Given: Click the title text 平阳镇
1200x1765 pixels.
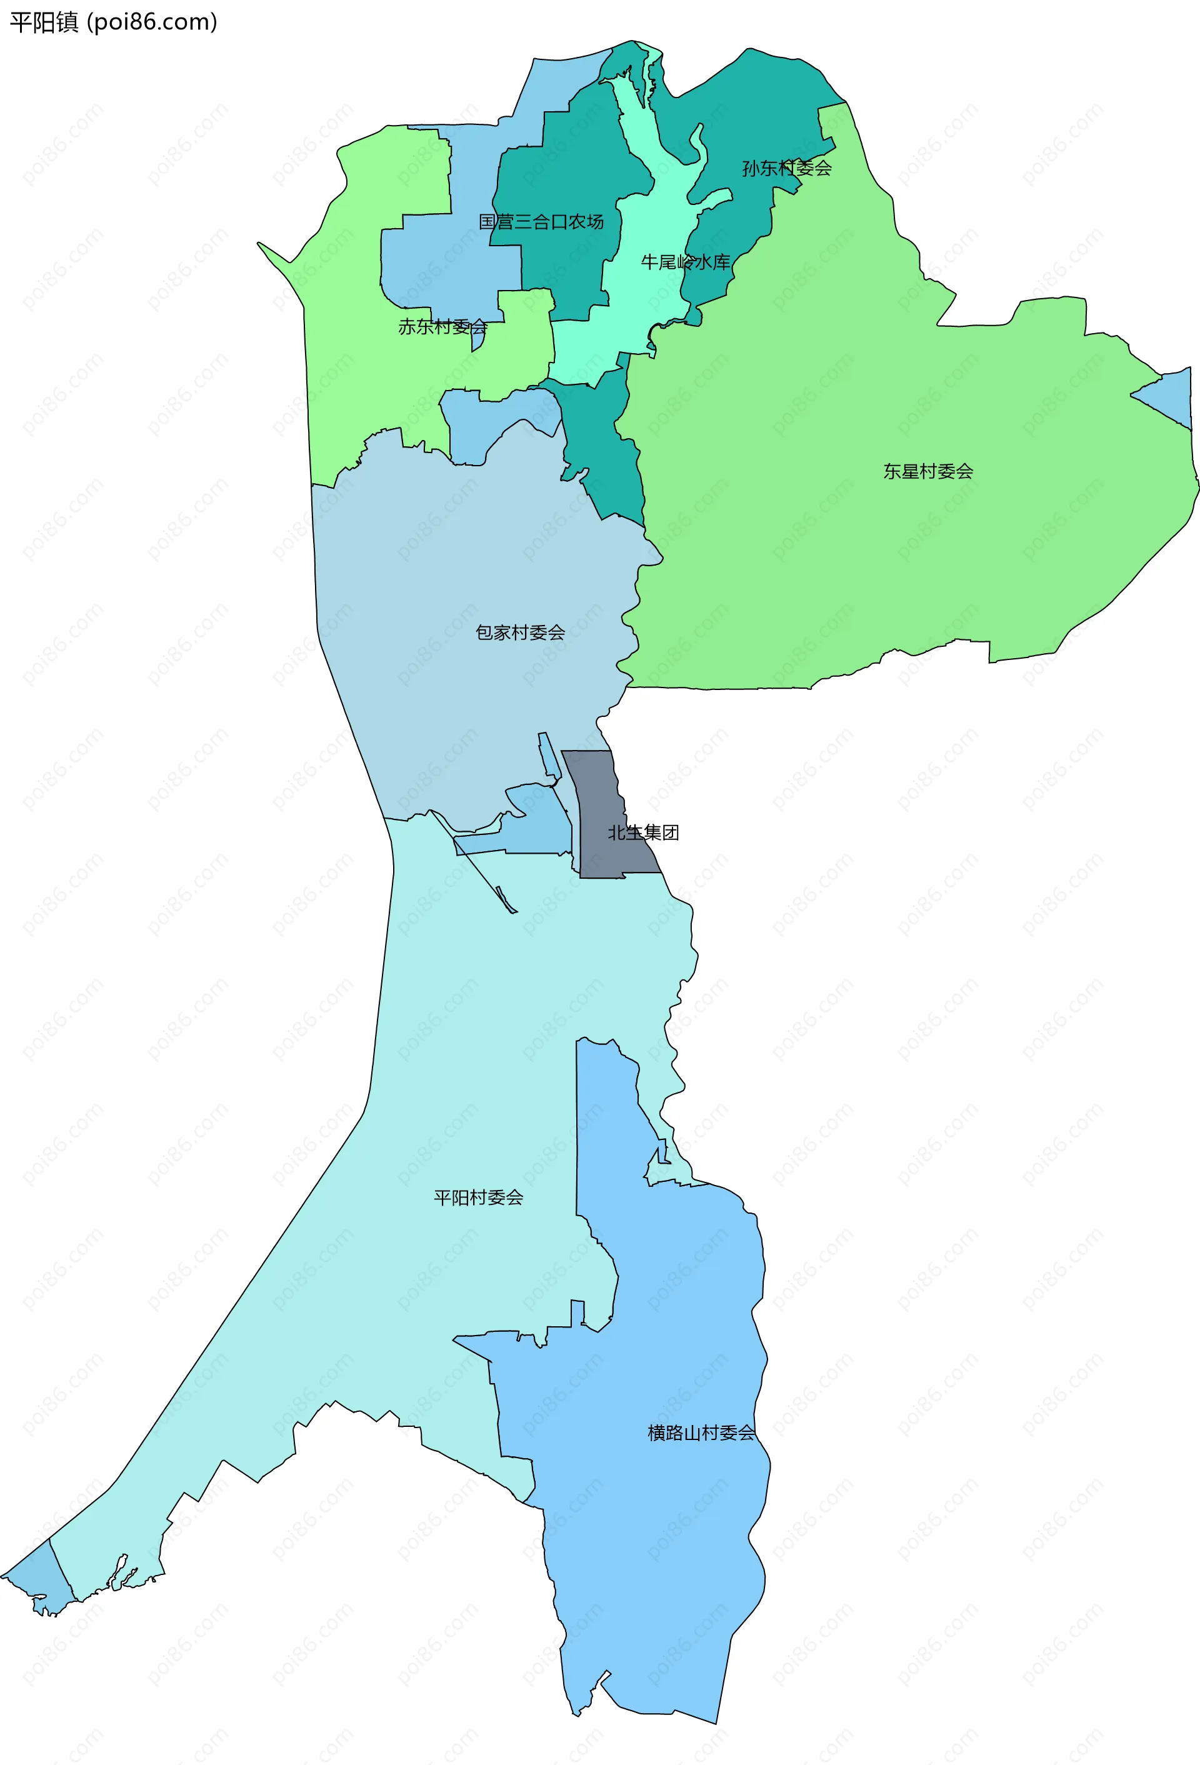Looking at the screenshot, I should click(43, 22).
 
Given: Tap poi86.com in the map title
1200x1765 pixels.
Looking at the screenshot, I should click(152, 22).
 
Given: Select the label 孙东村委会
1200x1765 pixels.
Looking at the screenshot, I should click(786, 168).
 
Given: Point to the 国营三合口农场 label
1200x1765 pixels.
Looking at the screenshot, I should click(541, 222).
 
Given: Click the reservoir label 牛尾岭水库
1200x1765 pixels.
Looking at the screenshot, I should click(685, 262).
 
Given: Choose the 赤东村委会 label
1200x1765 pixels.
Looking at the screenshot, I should click(442, 327).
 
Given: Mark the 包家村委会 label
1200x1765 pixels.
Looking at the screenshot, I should click(519, 632).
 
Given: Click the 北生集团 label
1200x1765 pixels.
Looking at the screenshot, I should click(642, 832).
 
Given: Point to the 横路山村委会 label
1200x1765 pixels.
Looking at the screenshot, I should click(700, 1432).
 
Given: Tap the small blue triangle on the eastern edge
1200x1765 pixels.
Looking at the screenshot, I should click(1171, 396).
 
